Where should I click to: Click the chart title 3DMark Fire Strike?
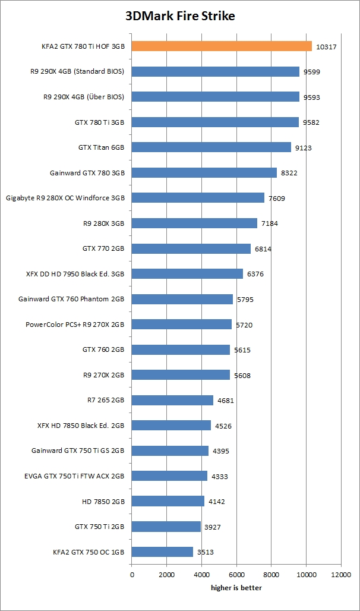pyautogui.click(x=180, y=16)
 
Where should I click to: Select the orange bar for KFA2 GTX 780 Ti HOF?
pyautogui.click(x=222, y=46)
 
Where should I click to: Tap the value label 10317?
pyautogui.click(x=327, y=46)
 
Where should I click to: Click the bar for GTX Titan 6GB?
pyautogui.click(x=211, y=147)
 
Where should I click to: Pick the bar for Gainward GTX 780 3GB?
pyautogui.click(x=204, y=172)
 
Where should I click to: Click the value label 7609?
pyautogui.click(x=277, y=198)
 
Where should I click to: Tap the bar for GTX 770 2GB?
pyautogui.click(x=191, y=248)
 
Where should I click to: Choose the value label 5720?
pyautogui.click(x=244, y=325)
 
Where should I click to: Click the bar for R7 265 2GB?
pyautogui.click(x=172, y=400)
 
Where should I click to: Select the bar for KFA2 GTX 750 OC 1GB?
pyautogui.click(x=162, y=552)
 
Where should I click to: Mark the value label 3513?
pyautogui.click(x=206, y=552)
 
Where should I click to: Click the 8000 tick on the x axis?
pyautogui.click(x=271, y=575)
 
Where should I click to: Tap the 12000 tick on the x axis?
pyautogui.click(x=341, y=575)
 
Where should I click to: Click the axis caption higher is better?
pyautogui.click(x=236, y=588)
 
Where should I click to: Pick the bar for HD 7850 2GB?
pyautogui.click(x=168, y=501)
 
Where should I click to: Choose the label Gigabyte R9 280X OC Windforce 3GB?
pyautogui.click(x=65, y=197)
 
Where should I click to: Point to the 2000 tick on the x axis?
pyautogui.click(x=166, y=575)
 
